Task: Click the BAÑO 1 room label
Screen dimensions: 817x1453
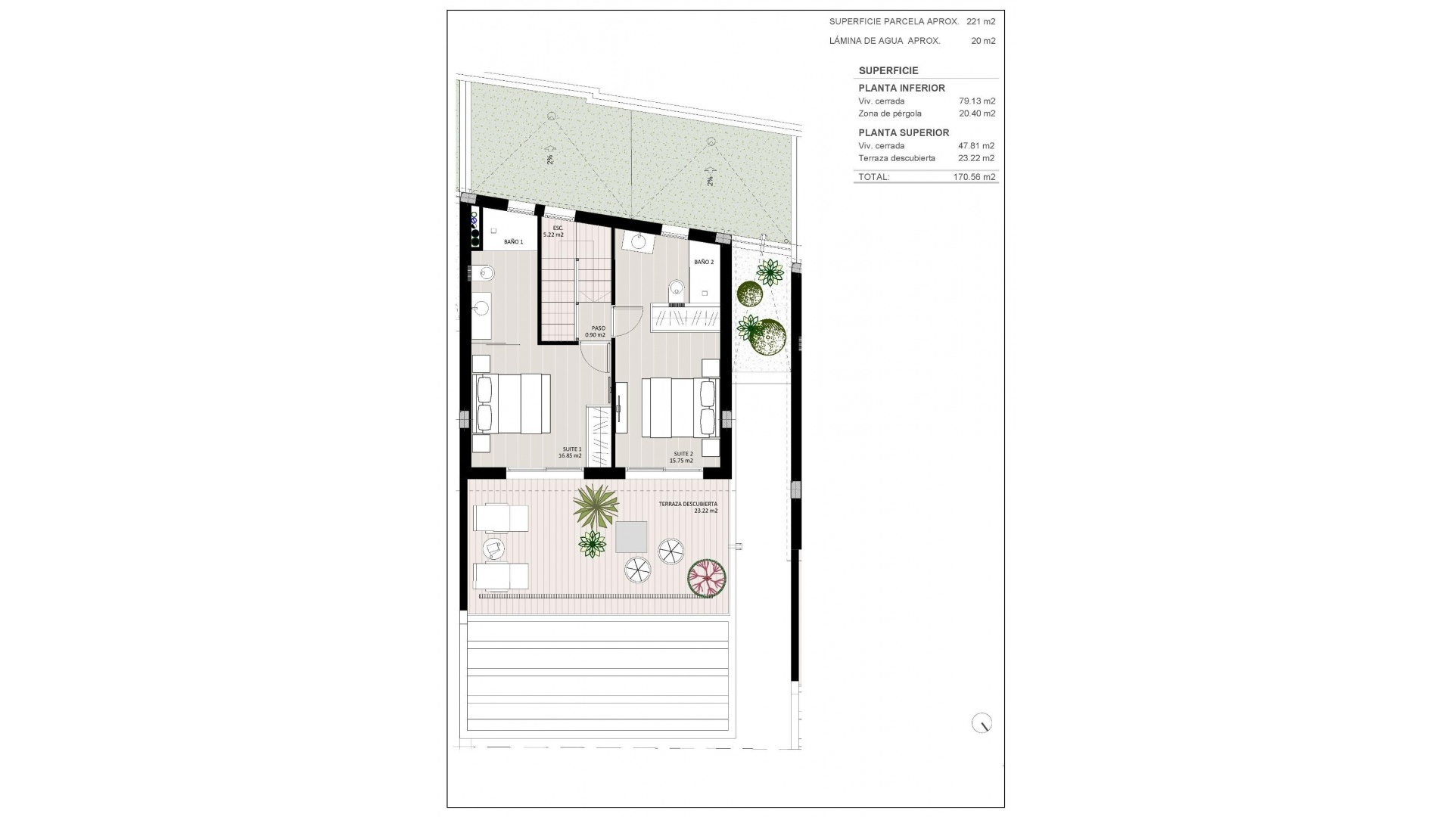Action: tap(513, 242)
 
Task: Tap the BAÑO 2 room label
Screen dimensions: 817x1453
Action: tap(704, 262)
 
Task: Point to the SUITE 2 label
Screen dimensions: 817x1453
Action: tap(681, 457)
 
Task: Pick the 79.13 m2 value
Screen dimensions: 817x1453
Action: tap(976, 101)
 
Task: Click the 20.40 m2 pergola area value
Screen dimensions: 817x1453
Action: tap(976, 113)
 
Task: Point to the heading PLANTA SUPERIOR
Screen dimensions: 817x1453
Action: tap(904, 132)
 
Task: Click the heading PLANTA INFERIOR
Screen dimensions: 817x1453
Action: tap(901, 88)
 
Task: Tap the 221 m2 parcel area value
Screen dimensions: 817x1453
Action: tap(981, 22)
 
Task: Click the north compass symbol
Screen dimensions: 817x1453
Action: tap(982, 723)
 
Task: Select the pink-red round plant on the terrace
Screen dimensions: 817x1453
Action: tap(707, 578)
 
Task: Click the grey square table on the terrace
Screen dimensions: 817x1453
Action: tap(631, 537)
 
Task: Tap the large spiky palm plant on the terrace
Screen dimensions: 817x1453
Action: tap(596, 507)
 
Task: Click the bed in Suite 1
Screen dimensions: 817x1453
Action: tap(511, 404)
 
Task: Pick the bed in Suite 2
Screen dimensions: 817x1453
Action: tap(679, 408)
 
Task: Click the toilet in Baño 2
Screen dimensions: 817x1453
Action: tap(677, 288)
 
